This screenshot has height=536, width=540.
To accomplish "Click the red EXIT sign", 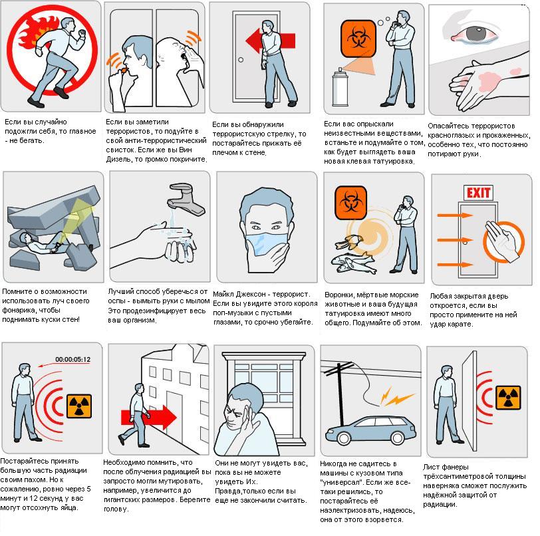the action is (x=478, y=193).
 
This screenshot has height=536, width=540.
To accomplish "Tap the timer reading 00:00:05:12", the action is (x=72, y=360).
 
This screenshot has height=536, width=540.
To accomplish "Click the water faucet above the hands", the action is (x=186, y=199).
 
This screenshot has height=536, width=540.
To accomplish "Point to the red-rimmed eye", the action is (x=475, y=34).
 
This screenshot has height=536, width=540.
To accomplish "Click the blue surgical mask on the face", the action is (x=266, y=243).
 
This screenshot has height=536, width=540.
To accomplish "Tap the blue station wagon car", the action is (x=370, y=430).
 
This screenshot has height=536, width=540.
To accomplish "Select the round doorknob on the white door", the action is (x=241, y=60).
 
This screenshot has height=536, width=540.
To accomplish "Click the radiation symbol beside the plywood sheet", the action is (x=508, y=398).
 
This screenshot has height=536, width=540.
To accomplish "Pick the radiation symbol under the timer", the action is (x=79, y=406).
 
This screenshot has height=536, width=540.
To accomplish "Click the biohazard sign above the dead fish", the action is (x=350, y=203).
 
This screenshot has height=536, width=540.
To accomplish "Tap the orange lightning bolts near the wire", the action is (x=396, y=397).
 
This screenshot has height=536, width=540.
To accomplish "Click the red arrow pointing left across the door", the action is (x=271, y=41).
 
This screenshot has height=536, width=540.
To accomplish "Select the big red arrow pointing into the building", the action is (x=149, y=417).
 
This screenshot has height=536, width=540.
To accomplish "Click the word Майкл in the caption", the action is (x=224, y=294).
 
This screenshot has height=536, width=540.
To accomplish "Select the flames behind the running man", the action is (x=33, y=33).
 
